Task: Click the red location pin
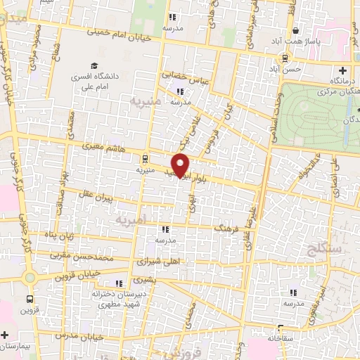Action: pos(181,165)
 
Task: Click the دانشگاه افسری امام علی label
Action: pos(95,82)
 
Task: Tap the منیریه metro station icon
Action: pos(145,158)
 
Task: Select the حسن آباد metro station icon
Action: pos(285,58)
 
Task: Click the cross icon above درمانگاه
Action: pos(342,70)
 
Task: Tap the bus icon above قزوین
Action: pos(30,297)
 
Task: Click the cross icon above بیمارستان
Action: pos(5,335)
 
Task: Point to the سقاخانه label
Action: pos(279,338)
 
